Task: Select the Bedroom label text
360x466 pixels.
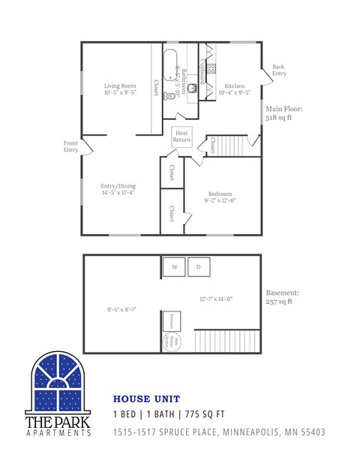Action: point(220,197)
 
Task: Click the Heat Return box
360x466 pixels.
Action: point(182,137)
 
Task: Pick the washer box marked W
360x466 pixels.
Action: point(174,266)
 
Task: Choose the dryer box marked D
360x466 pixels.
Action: point(199,266)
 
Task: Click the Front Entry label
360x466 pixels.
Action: point(70,146)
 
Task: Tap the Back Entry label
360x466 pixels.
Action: point(279,70)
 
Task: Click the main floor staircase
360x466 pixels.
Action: point(234,145)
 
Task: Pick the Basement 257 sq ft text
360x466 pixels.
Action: point(283,297)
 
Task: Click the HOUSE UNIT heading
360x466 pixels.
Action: point(146,398)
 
